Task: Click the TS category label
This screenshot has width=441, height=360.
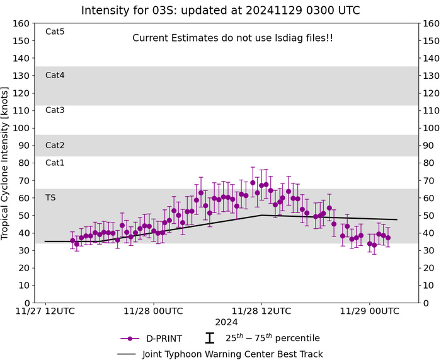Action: pyautogui.click(x=50, y=197)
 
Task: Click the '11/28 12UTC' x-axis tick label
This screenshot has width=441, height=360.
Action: pyautogui.click(x=261, y=311)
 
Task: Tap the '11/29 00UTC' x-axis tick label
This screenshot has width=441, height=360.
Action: pyautogui.click(x=370, y=311)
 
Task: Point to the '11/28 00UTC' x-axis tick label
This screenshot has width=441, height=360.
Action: pyautogui.click(x=153, y=311)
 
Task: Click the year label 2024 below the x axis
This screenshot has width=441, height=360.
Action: pyautogui.click(x=226, y=322)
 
